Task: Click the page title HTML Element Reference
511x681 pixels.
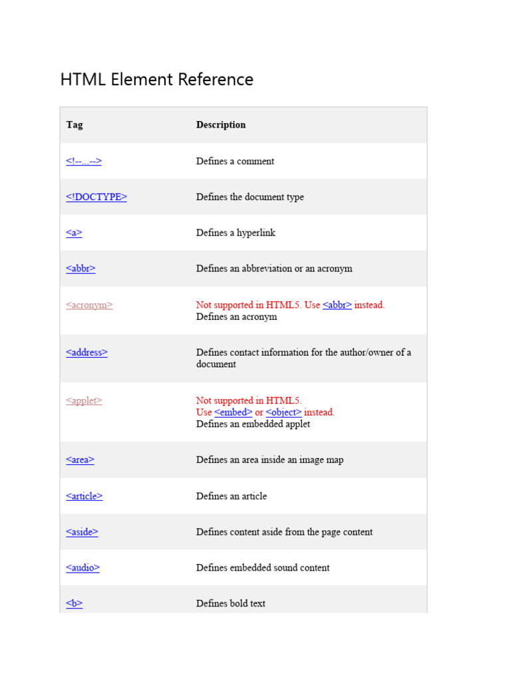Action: coord(156,80)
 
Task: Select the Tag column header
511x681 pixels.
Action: coord(75,125)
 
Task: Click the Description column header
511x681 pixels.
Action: coord(221,125)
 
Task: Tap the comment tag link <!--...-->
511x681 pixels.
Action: coord(84,161)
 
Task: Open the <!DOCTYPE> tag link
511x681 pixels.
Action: coord(96,197)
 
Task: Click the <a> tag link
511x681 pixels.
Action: coord(74,233)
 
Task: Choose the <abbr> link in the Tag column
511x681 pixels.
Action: coord(81,269)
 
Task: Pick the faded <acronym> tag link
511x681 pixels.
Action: coord(89,305)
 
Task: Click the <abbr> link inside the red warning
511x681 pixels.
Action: coord(337,305)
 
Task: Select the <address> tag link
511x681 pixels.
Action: coord(86,352)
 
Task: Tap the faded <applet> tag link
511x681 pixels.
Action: coord(84,401)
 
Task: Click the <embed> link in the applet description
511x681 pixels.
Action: coord(234,412)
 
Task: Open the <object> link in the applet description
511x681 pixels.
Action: coord(283,412)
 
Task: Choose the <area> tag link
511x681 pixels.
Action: coord(80,460)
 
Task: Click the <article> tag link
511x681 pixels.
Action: coord(85,496)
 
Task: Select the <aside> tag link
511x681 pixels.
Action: coord(82,532)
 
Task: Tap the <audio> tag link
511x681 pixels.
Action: coord(83,568)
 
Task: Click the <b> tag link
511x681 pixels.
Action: coord(75,604)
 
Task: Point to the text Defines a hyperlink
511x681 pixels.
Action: coord(236,233)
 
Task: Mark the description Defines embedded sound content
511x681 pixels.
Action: coord(263,568)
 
